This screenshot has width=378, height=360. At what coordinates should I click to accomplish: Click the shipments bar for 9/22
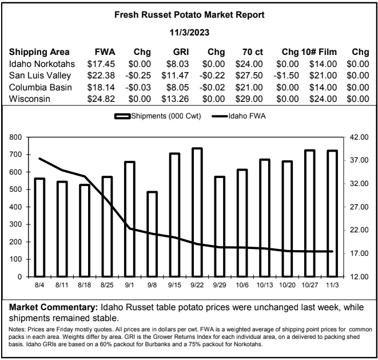[197, 212]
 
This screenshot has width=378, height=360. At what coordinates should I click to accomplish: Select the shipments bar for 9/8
[152, 234]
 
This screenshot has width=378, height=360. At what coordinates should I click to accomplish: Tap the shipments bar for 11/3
[332, 213]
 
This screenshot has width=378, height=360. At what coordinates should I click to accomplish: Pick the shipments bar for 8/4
[40, 227]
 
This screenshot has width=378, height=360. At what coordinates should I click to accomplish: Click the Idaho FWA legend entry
[238, 116]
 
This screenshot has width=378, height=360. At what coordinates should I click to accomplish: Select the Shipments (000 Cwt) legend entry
[158, 116]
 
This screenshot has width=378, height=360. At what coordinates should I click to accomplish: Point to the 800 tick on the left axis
[15, 137]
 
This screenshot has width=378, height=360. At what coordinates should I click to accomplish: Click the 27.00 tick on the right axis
[359, 207]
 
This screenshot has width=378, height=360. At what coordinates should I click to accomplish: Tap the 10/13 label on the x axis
[265, 285]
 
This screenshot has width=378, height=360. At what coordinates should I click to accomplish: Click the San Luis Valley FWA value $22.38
[101, 76]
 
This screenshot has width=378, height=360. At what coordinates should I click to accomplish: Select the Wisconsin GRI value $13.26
[175, 99]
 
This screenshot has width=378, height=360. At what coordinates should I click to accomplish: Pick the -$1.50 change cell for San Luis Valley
[286, 76]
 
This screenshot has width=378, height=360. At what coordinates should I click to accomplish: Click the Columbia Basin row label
[41, 88]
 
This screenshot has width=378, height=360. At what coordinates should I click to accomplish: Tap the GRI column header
[181, 52]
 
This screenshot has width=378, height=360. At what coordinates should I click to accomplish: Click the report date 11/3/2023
[189, 33]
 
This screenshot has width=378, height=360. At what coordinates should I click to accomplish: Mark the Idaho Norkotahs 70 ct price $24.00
[249, 64]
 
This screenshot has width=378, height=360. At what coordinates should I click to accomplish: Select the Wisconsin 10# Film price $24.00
[323, 99]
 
